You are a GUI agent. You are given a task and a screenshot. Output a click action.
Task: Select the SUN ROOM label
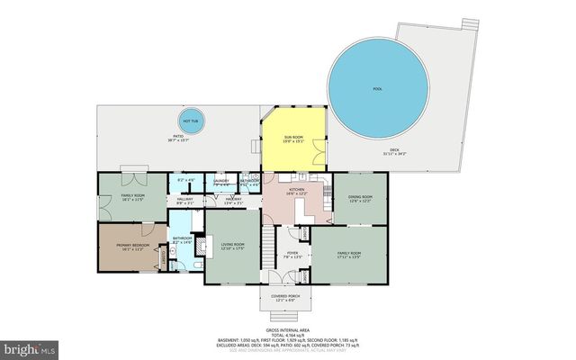(292, 139)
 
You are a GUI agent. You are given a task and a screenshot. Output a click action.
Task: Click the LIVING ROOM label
(233, 247)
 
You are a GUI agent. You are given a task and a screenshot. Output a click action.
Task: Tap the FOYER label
(292, 255)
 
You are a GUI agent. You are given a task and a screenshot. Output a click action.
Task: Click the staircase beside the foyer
(267, 250)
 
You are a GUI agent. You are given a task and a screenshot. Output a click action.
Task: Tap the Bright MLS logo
(29, 346)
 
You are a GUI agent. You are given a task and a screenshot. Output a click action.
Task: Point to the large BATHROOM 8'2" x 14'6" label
(183, 240)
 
